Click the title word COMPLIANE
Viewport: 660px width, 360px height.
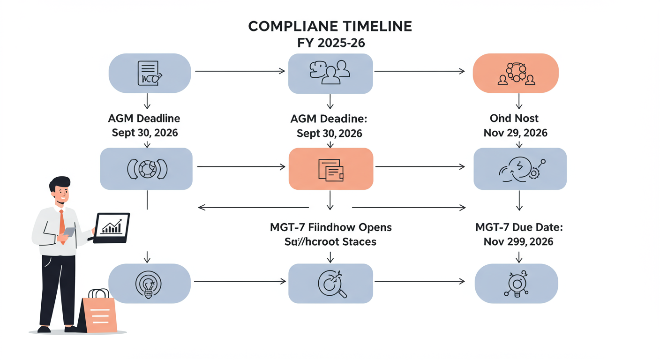tap(288, 27)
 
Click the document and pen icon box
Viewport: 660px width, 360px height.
tap(150, 74)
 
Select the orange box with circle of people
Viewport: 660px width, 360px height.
tap(516, 74)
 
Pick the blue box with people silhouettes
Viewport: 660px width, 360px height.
tap(330, 74)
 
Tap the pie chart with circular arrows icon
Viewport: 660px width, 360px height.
tap(147, 169)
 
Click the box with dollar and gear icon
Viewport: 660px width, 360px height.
tap(520, 169)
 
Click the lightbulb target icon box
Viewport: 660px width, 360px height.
tap(150, 283)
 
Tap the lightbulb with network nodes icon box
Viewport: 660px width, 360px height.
tap(516, 283)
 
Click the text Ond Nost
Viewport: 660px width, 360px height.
tap(515, 118)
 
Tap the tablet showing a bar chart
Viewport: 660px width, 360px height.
tap(112, 227)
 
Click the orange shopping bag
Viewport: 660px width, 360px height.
tap(99, 313)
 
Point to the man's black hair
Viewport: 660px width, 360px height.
tap(60, 183)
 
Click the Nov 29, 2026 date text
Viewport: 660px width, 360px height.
tap(515, 133)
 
